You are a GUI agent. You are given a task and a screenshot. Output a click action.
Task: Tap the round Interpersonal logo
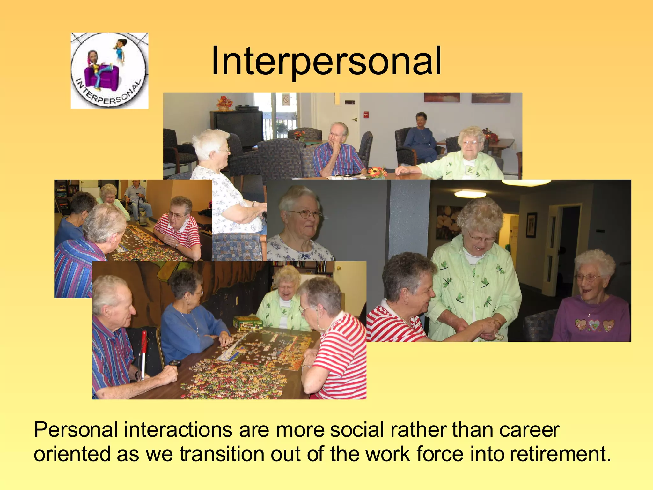109,71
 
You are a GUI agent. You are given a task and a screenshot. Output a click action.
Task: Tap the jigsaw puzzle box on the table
247,323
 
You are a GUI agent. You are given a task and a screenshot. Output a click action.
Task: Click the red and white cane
143,354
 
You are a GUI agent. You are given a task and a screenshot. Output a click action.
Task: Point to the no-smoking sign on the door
285,99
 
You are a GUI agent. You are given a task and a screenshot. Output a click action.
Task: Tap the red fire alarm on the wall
366,115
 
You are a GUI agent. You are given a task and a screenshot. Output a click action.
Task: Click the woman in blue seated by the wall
420,137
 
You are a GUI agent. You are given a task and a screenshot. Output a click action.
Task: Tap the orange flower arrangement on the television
225,103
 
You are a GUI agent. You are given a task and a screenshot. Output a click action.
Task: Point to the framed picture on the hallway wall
531,225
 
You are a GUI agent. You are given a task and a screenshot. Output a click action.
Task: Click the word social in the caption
357,430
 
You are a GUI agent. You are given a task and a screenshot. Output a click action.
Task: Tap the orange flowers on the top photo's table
377,173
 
